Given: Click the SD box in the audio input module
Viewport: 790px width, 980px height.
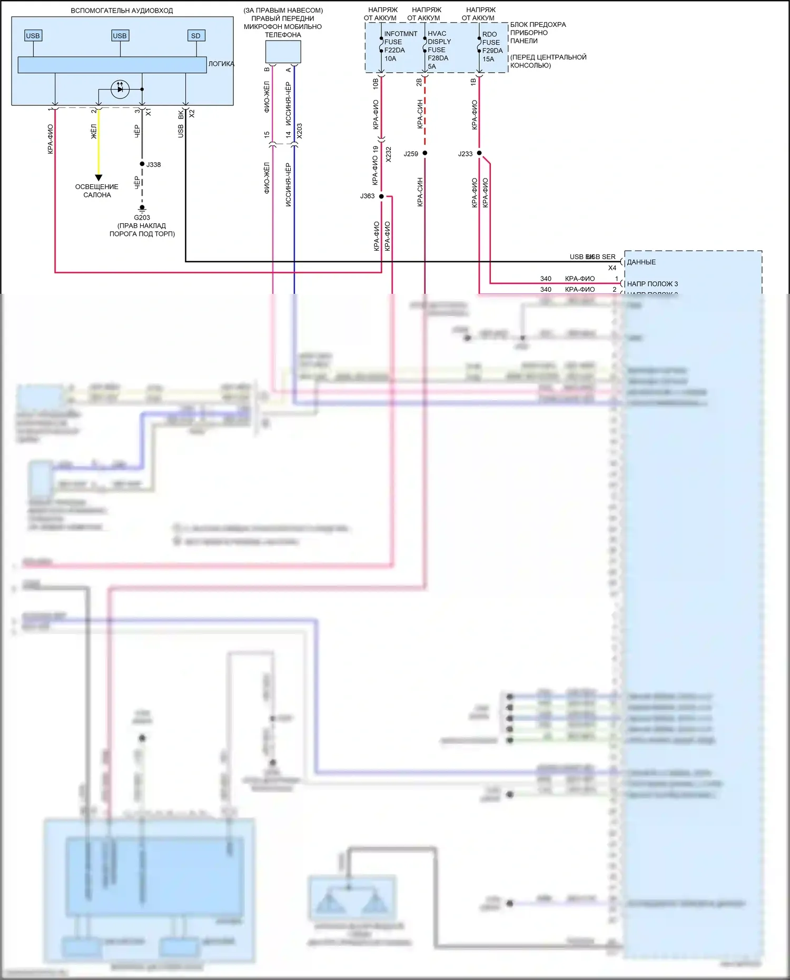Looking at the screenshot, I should tap(196, 36).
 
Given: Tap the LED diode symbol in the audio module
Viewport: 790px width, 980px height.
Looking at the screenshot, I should tap(120, 89).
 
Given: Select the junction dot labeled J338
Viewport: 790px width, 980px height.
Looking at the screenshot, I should tap(142, 164).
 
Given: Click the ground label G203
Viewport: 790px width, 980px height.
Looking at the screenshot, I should tap(142, 217).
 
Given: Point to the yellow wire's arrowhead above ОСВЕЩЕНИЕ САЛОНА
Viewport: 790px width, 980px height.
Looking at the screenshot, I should tap(98, 177).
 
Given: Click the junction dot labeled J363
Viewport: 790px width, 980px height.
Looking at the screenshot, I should tap(381, 196).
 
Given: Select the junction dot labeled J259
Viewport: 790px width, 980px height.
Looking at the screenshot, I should tap(425, 153).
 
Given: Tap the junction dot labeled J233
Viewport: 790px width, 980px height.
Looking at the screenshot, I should tap(479, 153).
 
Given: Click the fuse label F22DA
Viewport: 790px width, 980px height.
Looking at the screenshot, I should tap(394, 51).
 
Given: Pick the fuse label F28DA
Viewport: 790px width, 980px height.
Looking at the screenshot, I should tap(438, 58).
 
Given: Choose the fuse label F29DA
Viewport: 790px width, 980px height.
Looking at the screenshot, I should tap(492, 51).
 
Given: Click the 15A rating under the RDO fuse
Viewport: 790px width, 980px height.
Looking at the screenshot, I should tap(488, 59).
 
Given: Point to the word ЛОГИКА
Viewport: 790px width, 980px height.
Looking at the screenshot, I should tap(221, 64).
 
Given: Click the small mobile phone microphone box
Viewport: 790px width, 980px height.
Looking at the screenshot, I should tap(283, 52).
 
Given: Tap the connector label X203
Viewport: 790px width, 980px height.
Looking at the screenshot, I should tap(300, 131).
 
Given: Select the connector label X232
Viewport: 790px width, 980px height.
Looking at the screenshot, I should tap(389, 154).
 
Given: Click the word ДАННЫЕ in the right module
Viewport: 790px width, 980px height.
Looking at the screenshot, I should tap(641, 262).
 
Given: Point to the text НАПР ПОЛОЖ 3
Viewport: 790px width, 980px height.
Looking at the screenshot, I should tap(652, 284).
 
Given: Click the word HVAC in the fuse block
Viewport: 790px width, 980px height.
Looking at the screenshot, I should tap(437, 34).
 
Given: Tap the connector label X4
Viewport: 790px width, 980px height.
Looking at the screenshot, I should tap(612, 268).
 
